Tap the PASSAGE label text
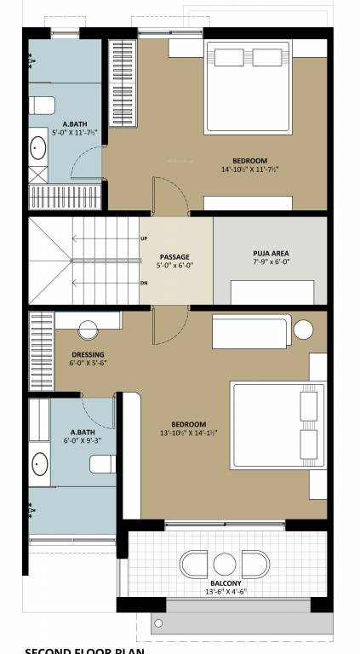(175, 256)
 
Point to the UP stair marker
(144, 239)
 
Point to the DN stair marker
(144, 283)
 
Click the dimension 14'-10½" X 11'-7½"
(250, 169)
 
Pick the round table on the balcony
(225, 564)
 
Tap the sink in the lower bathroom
(40, 465)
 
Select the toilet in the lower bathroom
(102, 465)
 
